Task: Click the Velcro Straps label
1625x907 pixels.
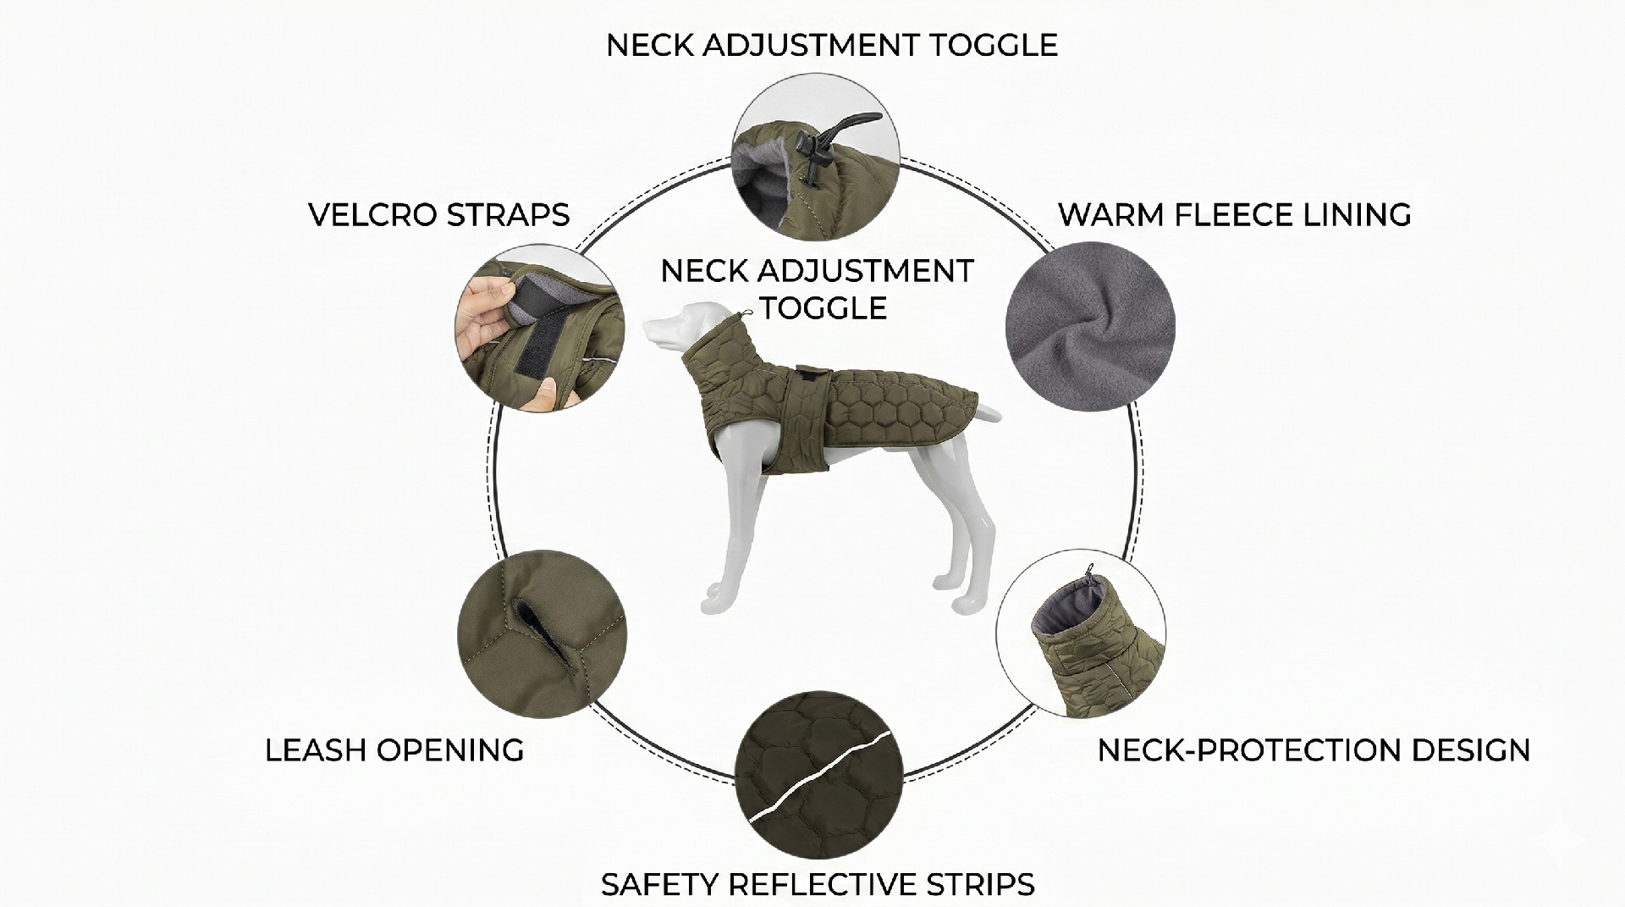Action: point(439,215)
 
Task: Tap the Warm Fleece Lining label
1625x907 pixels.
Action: point(1235,215)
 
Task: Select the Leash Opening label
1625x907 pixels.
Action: point(394,750)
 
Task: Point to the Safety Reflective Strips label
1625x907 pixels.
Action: point(818,884)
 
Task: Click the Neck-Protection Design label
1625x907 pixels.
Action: point(1314,750)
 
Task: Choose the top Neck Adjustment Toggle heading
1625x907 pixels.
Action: point(832,45)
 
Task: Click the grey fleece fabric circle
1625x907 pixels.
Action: point(1090,327)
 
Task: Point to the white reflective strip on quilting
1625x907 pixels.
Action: point(820,780)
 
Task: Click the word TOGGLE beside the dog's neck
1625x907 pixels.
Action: point(823,307)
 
